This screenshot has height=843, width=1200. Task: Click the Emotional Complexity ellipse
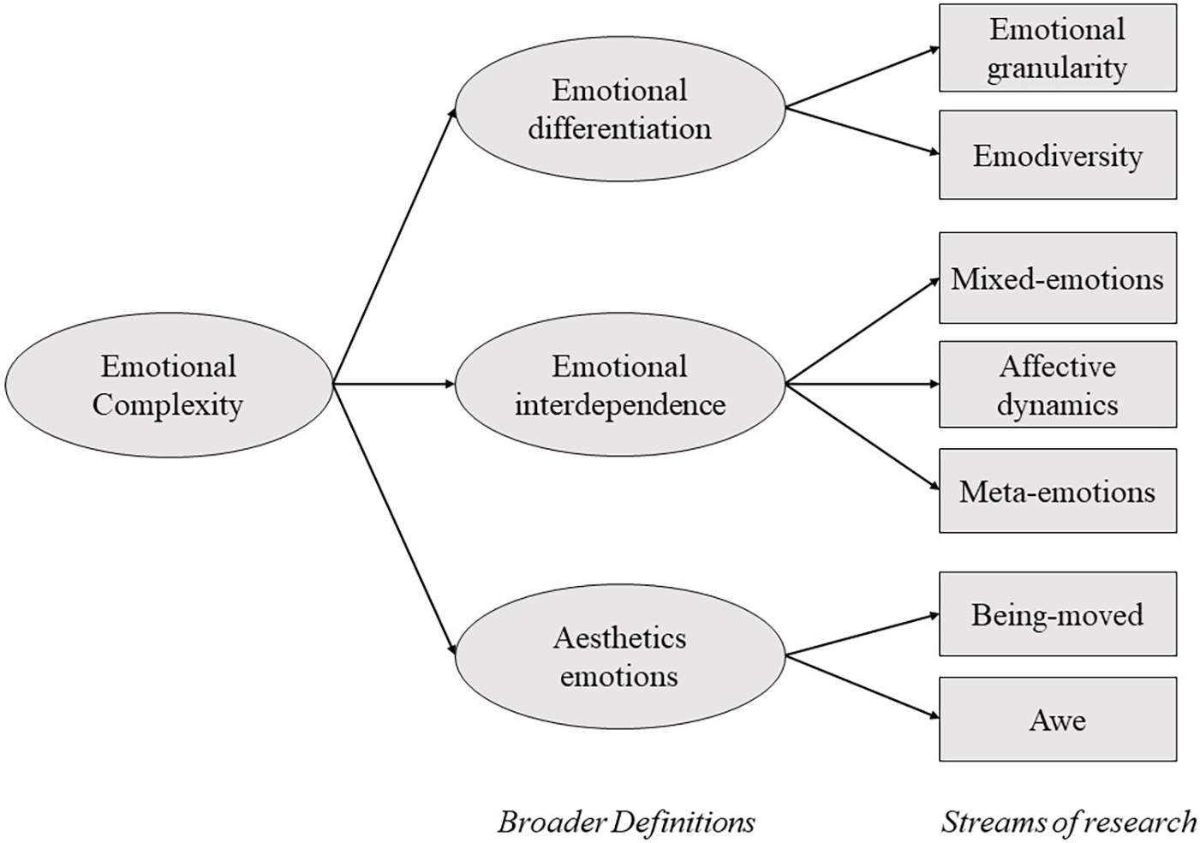point(168,385)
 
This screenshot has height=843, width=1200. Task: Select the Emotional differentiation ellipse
point(619,109)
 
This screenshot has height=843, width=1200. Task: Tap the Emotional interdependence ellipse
point(619,385)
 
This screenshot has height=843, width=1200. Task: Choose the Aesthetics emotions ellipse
point(619,656)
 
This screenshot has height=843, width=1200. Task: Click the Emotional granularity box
point(1057,48)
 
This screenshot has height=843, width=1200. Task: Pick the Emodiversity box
point(1057,155)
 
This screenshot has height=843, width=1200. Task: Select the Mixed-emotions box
point(1057,278)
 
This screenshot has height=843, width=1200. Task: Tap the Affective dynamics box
point(1057,385)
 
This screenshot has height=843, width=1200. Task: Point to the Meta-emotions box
point(1057,491)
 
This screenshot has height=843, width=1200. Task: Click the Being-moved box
point(1057,614)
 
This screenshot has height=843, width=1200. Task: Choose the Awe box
point(1057,720)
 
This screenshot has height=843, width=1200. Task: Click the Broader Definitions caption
point(626,822)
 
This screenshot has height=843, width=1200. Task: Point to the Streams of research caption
point(1068,822)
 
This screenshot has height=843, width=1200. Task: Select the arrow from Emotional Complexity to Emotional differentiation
point(394,247)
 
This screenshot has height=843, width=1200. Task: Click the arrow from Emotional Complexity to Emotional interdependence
point(394,385)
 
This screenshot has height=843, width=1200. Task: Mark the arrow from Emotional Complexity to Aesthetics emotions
point(394,520)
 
